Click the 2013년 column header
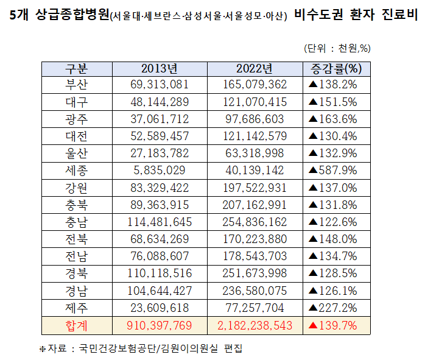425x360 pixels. coord(160,68)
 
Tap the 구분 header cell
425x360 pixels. coord(77,68)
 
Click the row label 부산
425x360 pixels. coord(77,85)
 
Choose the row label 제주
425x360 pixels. coord(77,308)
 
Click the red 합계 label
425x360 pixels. coord(77,326)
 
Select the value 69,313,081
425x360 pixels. coord(160,85)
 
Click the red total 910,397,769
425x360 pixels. coord(160,326)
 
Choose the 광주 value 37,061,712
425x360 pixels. coord(160,119)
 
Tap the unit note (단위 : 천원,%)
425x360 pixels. coord(337,49)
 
